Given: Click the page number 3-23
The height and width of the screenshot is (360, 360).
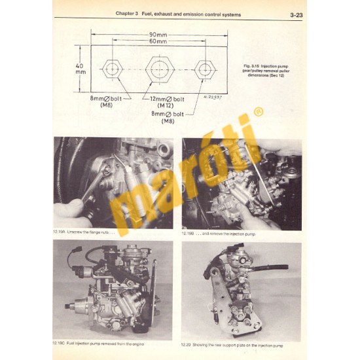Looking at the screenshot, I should (294, 13).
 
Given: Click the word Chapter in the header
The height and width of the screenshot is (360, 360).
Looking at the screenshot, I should (126, 13).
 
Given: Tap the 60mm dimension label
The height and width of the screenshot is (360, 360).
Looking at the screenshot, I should (157, 42).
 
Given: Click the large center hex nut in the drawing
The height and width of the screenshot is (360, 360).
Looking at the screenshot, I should (157, 67).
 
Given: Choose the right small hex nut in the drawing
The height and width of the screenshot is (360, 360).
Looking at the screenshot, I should (205, 67).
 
